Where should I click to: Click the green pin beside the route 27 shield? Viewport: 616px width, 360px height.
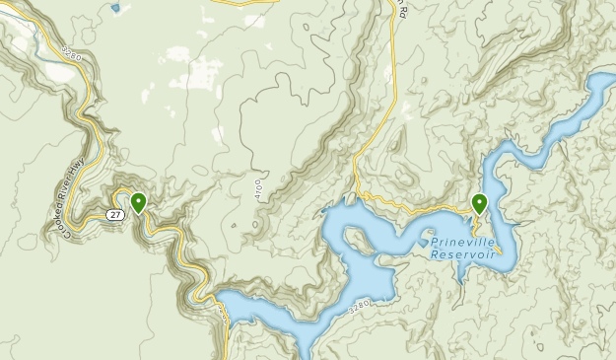tap(139, 203)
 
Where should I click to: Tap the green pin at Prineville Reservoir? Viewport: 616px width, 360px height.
tap(479, 203)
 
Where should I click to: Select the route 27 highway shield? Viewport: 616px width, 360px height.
tap(115, 214)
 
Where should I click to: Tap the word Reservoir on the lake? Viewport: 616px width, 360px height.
tap(464, 253)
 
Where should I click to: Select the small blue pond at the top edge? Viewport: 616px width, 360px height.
tap(115, 8)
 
